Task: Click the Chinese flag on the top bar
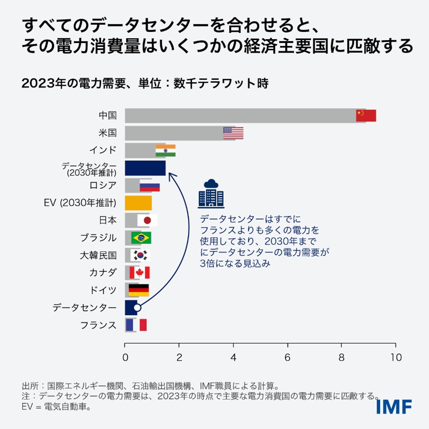[366, 115]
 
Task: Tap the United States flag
[233, 133]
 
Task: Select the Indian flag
[165, 150]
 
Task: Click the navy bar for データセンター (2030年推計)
[145, 168]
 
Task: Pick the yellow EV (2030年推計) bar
[138, 203]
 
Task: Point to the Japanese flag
[147, 220]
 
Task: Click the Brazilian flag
[141, 238]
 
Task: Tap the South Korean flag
[140, 255]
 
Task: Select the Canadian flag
[139, 273]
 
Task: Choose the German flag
[138, 290]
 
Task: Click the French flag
[136, 325]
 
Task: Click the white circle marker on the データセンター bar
[137, 307]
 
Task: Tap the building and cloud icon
[211, 194]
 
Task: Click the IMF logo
[394, 405]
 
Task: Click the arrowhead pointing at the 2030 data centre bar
[169, 173]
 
